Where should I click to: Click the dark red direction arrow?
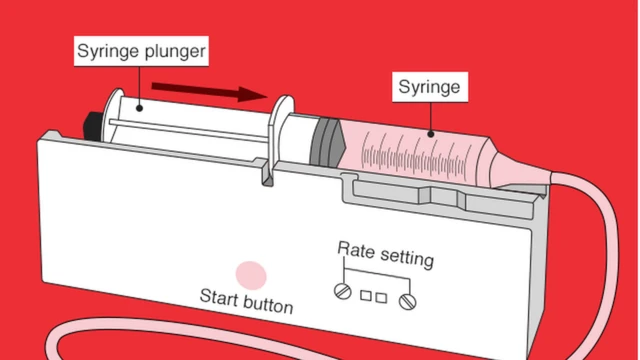[209, 91]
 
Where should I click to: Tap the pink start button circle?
[251, 276]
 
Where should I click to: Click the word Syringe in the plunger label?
[108, 51]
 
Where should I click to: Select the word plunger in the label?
[175, 52]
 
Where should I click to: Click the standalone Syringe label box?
[430, 87]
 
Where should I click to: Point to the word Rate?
[356, 249]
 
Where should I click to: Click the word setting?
[407, 257]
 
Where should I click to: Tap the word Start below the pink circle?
[219, 297]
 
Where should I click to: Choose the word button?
[269, 304]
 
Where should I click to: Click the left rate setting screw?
[343, 291]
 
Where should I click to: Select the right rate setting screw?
[407, 302]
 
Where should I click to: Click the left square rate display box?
[366, 295]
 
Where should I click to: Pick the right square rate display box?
[381, 298]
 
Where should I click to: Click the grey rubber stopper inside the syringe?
[328, 142]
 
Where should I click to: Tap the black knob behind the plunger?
[93, 126]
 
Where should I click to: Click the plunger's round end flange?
[112, 115]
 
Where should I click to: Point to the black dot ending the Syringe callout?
[431, 134]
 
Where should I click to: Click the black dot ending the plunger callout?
[139, 108]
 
